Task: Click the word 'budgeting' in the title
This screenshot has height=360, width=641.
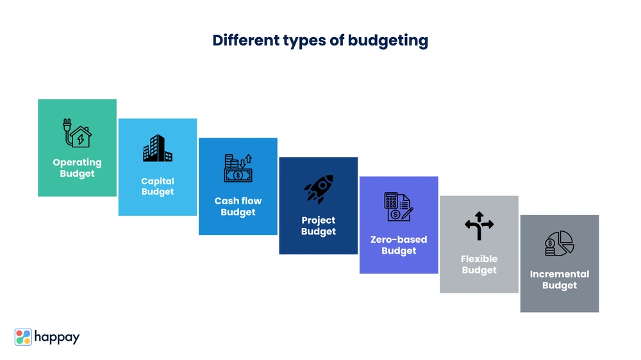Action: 388,41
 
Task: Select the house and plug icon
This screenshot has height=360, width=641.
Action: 77,133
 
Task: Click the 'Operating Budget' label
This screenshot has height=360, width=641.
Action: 78,168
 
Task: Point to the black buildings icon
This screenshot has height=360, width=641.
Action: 158,148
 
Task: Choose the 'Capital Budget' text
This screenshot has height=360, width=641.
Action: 158,186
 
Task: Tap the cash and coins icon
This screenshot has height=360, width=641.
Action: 238,168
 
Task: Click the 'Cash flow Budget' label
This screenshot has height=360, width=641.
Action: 238,206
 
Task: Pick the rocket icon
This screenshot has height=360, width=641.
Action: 319,189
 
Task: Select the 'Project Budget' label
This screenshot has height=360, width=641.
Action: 319,225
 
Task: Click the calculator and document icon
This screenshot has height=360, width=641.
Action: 399,207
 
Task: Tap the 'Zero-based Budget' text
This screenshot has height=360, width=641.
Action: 399,245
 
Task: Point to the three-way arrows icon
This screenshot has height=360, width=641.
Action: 479,225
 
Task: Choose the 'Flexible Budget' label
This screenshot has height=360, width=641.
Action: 479,265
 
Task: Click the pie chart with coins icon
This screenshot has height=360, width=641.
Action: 560,243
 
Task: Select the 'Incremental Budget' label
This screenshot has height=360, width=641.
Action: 560,280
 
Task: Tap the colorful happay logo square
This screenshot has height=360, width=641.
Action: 23,337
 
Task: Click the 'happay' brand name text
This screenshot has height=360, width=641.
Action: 57,338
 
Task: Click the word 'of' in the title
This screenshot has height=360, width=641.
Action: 337,40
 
